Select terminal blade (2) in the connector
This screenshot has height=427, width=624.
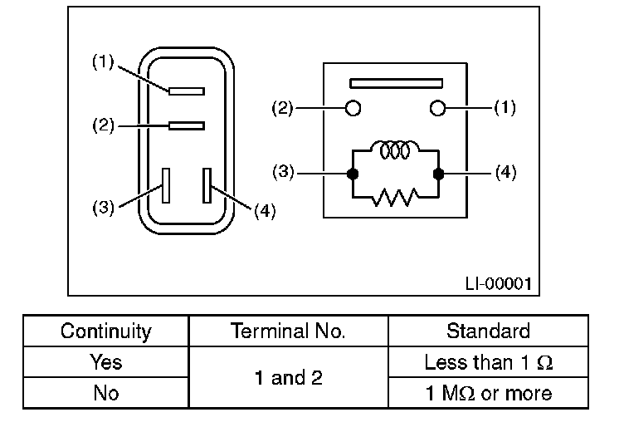tap(186, 125)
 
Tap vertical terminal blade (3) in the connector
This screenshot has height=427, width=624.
tap(167, 184)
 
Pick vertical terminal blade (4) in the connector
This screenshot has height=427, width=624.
tap(207, 184)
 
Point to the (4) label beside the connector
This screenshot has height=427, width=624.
tap(264, 211)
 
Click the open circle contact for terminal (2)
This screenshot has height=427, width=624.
tap(353, 108)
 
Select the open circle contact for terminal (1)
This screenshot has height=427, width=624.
tap(438, 108)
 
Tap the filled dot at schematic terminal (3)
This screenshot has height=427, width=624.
tap(353, 174)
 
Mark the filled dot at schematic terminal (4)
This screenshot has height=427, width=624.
tap(438, 174)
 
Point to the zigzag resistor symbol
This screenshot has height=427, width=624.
tap(396, 199)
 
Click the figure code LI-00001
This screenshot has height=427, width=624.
tap(497, 283)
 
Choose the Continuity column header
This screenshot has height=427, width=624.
tap(106, 331)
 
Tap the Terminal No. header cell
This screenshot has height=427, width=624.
tap(288, 331)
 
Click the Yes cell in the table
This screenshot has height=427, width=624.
tap(106, 362)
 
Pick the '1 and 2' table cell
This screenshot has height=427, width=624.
tap(288, 378)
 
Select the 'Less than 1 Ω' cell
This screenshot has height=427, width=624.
tap(488, 362)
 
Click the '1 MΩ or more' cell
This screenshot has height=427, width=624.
tap(488, 392)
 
